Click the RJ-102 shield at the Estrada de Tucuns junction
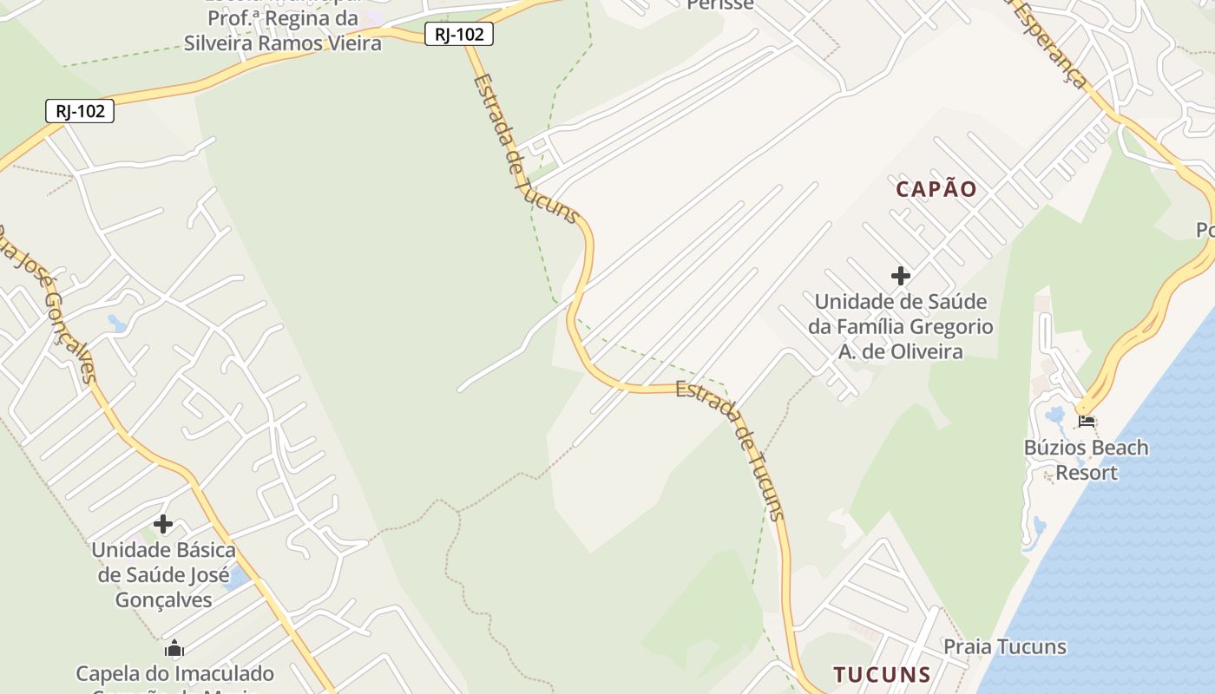click(x=459, y=34)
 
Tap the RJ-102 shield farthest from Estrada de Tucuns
click(x=80, y=111)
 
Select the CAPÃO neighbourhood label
click(x=936, y=189)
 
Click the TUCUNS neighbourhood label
click(x=882, y=674)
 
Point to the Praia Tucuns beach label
click(x=1004, y=646)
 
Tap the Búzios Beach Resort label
click(x=1086, y=460)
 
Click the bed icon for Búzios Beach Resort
click(x=1086, y=422)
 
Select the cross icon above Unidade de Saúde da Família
click(x=901, y=276)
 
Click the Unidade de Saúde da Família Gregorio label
click(x=901, y=326)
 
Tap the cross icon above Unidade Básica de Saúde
click(x=163, y=524)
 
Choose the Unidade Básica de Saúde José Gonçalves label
click(x=163, y=574)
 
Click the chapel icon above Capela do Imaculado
click(x=174, y=649)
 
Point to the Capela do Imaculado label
click(x=174, y=674)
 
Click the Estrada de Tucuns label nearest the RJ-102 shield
click(x=524, y=149)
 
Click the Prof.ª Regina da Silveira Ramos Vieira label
click(x=282, y=30)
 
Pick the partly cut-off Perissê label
click(x=719, y=5)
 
